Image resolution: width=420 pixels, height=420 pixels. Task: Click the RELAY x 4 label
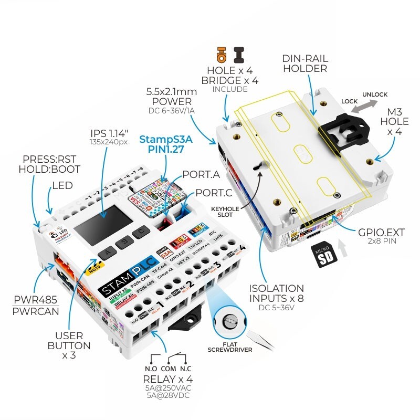coord(167,379)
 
